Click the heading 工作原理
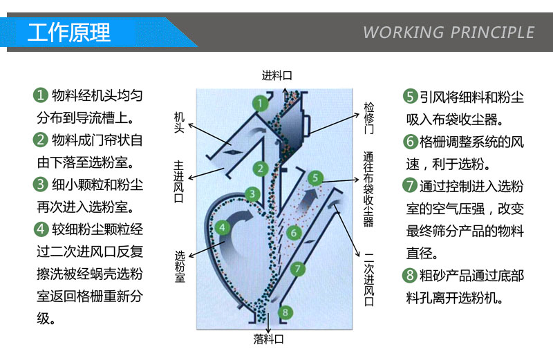pyautogui.click(x=69, y=32)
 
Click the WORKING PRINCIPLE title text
pyautogui.click(x=449, y=32)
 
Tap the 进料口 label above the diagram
pyautogui.click(x=276, y=76)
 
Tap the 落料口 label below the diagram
pyautogui.click(x=268, y=339)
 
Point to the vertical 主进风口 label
pyautogui.click(x=179, y=182)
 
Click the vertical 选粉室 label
pyautogui.click(x=179, y=266)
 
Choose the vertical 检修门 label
pyautogui.click(x=369, y=118)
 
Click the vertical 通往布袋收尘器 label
pyautogui.click(x=369, y=189)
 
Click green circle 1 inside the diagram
pyautogui.click(x=260, y=104)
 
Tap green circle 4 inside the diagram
pyautogui.click(x=221, y=227)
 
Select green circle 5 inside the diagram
pyautogui.click(x=316, y=178)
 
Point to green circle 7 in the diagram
pyautogui.click(x=297, y=268)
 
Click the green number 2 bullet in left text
pyautogui.click(x=41, y=140)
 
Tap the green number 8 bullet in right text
pyautogui.click(x=411, y=276)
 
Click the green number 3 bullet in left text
pyautogui.click(x=41, y=184)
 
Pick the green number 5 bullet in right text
pyautogui.click(x=411, y=96)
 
